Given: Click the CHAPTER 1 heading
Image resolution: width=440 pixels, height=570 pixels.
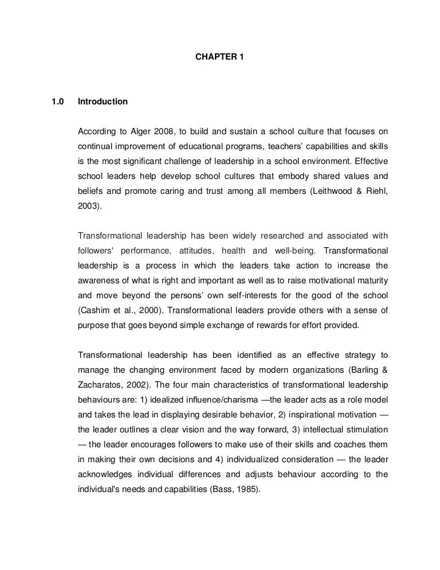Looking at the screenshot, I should (219, 58).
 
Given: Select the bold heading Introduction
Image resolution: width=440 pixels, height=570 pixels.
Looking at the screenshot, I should (103, 101).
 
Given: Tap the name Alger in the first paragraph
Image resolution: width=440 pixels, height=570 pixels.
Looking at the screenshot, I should (147, 131).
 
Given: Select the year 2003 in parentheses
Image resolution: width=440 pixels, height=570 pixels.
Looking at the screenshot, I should (88, 206).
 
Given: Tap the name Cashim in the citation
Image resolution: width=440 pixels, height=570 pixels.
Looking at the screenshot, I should (93, 311).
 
